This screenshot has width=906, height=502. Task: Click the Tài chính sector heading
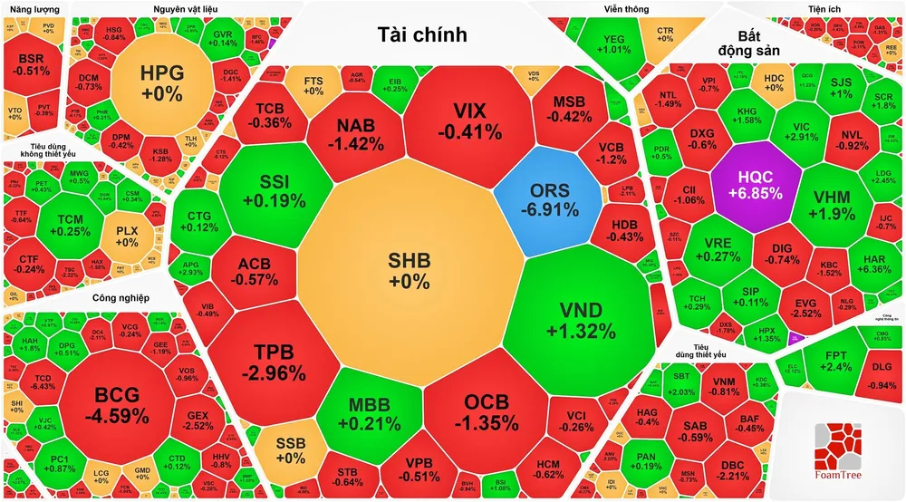[421, 35]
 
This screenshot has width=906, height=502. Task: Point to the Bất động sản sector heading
[748, 43]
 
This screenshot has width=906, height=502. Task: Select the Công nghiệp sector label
[120, 298]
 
